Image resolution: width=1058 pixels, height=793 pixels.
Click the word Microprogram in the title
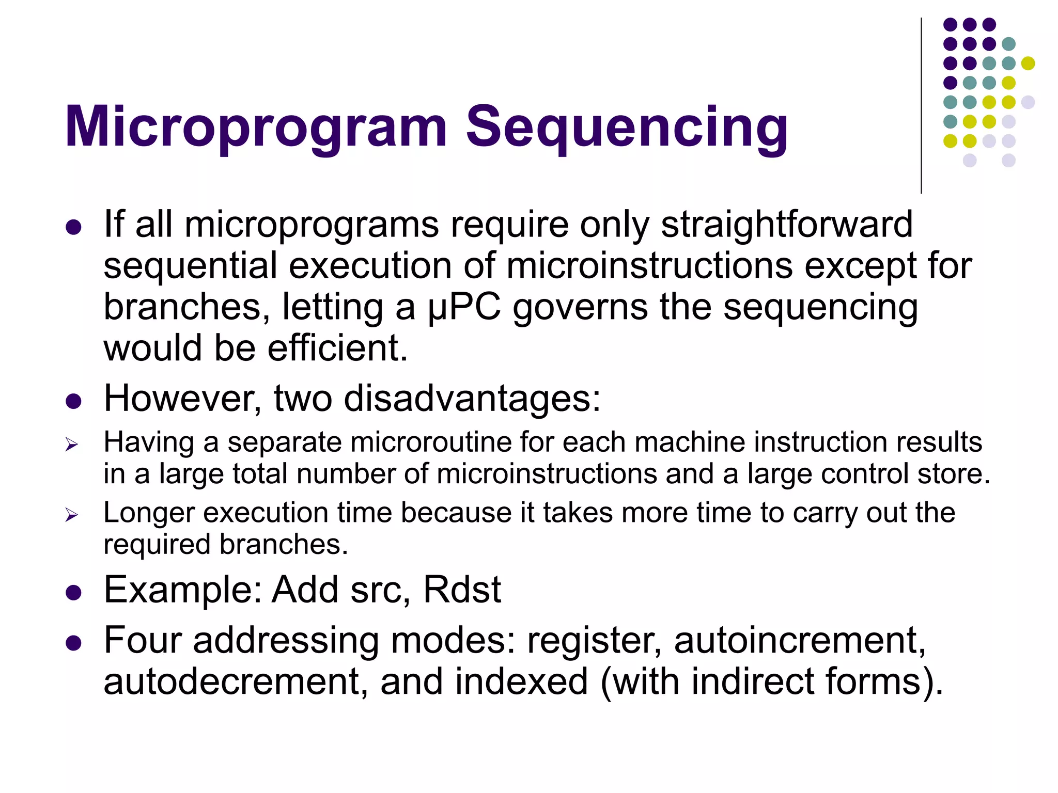[x=256, y=128]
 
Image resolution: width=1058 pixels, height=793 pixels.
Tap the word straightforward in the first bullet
[x=786, y=225]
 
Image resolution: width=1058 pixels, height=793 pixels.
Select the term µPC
[x=464, y=308]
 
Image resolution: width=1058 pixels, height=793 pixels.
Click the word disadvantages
[x=472, y=399]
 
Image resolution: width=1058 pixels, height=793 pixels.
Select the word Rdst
[x=462, y=590]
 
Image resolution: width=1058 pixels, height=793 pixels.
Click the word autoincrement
[x=799, y=641]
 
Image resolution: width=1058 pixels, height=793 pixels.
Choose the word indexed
[x=521, y=682]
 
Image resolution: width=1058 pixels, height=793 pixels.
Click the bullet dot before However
[x=74, y=401]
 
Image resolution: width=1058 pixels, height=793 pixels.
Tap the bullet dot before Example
[x=74, y=592]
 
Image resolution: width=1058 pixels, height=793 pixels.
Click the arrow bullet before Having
[x=71, y=445]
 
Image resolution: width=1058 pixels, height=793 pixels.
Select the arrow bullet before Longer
[x=71, y=515]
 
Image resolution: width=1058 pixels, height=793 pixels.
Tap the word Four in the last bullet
[x=143, y=641]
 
